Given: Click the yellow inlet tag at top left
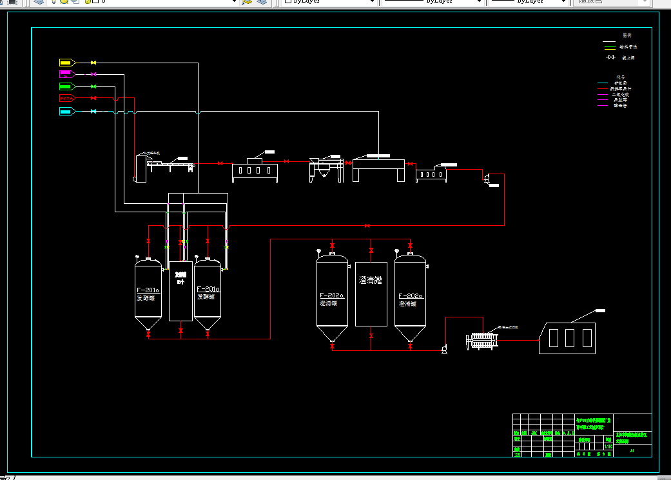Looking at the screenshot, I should (x=66, y=63).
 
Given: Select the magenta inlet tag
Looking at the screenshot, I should (x=66, y=74).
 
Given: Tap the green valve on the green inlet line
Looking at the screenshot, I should (x=93, y=86).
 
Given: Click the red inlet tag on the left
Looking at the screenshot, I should (x=66, y=98).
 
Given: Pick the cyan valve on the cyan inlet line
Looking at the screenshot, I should (x=93, y=112).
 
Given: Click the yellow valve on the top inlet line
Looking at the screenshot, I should (x=93, y=63).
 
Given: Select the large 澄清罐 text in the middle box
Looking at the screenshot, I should (x=371, y=280).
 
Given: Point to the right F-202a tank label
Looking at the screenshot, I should (x=410, y=295).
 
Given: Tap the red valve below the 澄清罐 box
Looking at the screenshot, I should (x=371, y=336).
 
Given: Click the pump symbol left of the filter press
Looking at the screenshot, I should (x=444, y=350).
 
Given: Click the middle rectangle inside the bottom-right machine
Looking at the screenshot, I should (x=570, y=337).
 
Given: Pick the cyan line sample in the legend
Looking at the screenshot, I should (x=603, y=83).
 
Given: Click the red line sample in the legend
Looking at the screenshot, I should (x=603, y=88).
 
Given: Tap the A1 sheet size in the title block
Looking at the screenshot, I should (x=632, y=451).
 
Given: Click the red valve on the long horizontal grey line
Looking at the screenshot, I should (x=367, y=226).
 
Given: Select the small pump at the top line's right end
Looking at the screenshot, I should (x=487, y=178).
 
